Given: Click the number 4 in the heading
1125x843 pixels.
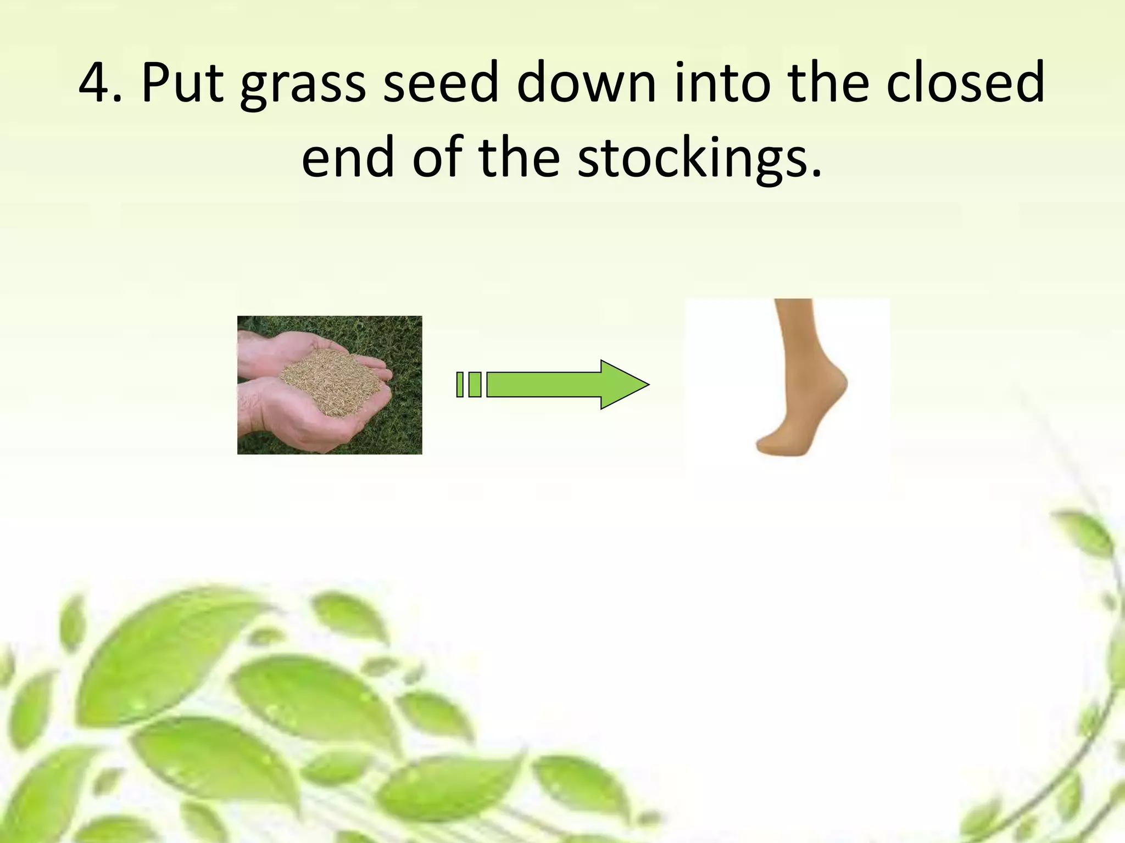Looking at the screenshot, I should (94, 83).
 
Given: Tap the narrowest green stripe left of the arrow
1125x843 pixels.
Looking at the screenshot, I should (460, 384).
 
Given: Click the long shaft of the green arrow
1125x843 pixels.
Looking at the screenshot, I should (544, 384).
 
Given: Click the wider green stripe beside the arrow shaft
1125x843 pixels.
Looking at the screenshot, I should (475, 384).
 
